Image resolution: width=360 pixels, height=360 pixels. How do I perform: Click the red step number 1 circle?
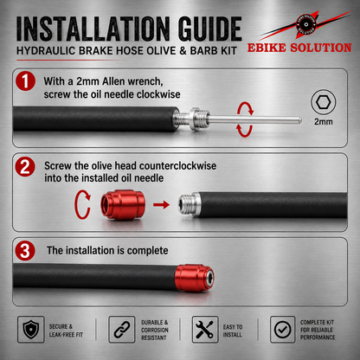[x=25, y=81]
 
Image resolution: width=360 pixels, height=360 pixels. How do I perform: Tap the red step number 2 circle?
[x=25, y=167]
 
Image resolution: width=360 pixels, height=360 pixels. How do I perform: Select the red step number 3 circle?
[x=25, y=251]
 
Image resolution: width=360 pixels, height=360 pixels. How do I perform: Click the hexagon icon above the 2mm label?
[x=323, y=102]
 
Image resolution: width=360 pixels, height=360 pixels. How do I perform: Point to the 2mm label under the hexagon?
[x=324, y=121]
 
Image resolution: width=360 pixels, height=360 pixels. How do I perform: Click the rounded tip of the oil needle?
[x=299, y=120]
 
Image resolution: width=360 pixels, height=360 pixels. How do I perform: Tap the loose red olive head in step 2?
[x=123, y=204]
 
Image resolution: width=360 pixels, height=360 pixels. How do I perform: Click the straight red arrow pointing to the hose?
[x=161, y=205]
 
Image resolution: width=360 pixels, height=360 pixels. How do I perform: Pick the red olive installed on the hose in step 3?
[x=195, y=278]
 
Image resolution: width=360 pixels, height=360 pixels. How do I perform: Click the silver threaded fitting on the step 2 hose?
[x=189, y=204]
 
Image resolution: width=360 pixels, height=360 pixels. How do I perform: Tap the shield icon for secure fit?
[x=31, y=330]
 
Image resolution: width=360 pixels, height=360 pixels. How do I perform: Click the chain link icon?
[x=122, y=330]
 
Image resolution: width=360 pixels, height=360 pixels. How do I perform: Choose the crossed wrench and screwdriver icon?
[x=205, y=330]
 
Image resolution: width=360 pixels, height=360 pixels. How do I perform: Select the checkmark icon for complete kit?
[x=282, y=330]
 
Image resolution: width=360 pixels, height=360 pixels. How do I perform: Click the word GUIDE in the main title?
[x=209, y=29]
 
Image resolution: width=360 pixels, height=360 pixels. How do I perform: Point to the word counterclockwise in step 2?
[x=177, y=166]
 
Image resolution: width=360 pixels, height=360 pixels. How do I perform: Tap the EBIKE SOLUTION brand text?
[x=299, y=48]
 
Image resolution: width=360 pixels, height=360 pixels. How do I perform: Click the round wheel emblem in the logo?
[x=305, y=24]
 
